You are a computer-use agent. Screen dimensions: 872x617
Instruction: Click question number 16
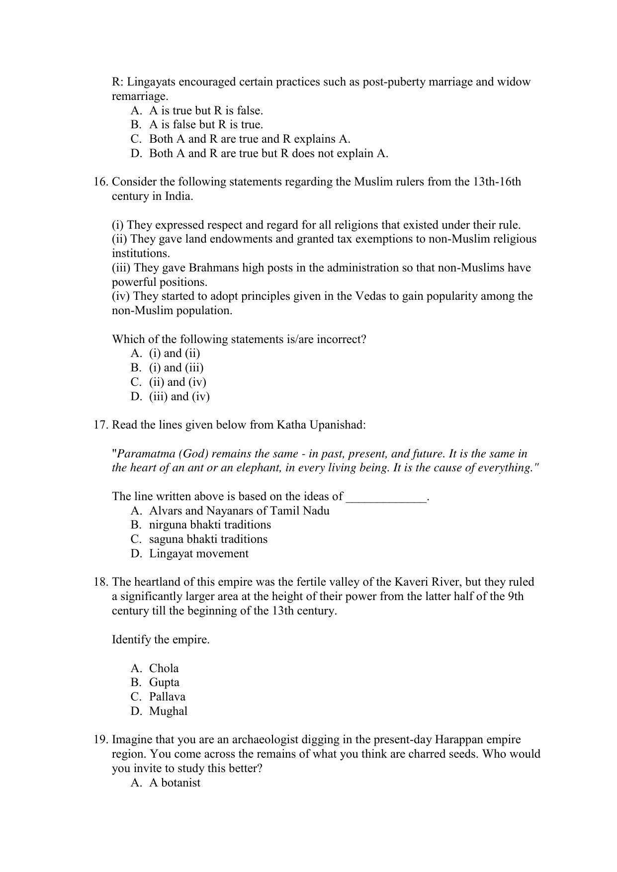(100, 182)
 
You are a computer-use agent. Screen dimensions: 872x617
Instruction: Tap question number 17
(100, 425)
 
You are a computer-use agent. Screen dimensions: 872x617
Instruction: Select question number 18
(100, 582)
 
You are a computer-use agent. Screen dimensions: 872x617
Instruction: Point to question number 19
(100, 740)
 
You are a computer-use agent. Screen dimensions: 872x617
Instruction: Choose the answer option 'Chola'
(164, 669)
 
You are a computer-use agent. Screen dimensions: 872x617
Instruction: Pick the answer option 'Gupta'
(164, 683)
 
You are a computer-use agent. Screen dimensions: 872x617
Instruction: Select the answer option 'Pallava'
(167, 697)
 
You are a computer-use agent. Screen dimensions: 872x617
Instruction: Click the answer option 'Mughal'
(168, 711)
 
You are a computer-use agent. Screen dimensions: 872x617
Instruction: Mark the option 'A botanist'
(175, 783)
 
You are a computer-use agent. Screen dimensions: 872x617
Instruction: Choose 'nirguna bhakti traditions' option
(210, 525)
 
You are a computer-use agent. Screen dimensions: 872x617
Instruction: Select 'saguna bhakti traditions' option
(208, 539)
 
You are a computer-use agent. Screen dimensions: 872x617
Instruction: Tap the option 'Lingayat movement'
(198, 554)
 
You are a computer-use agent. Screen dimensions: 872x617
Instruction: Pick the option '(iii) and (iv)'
(179, 397)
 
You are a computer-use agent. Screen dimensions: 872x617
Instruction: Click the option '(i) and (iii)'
(176, 368)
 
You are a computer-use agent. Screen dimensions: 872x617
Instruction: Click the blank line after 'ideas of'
(386, 497)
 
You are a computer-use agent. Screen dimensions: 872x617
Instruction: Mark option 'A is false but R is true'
(206, 125)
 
